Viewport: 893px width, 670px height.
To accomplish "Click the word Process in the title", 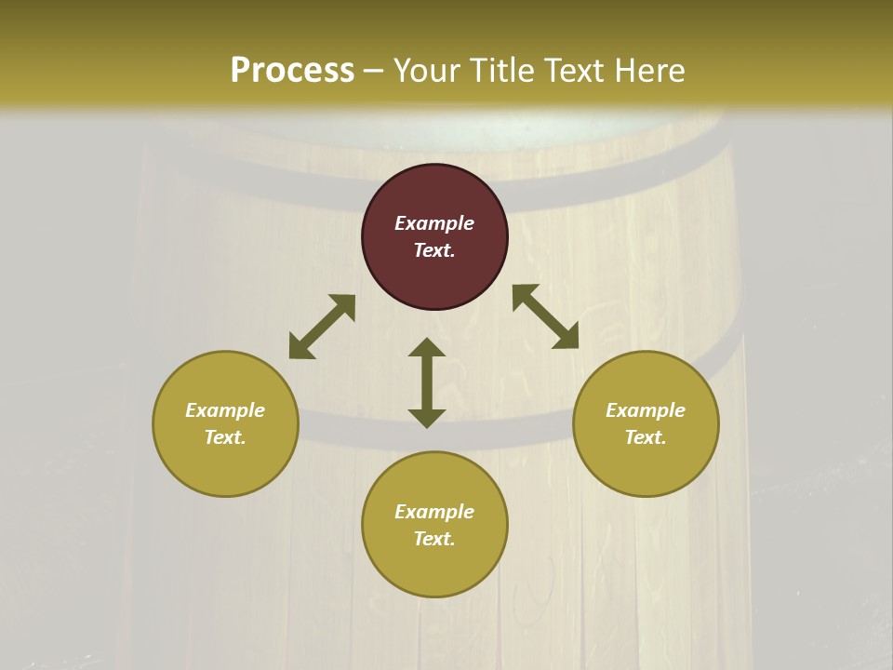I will pyautogui.click(x=292, y=71).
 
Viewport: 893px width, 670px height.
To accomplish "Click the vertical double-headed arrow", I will pyautogui.click(x=427, y=382).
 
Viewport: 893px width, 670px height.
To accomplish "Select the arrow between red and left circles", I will pyautogui.click(x=322, y=327).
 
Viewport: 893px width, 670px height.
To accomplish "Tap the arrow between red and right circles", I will pyautogui.click(x=545, y=316).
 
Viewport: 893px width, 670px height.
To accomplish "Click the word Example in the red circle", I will pyautogui.click(x=434, y=223).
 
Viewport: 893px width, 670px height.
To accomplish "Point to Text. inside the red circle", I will pyautogui.click(x=434, y=250).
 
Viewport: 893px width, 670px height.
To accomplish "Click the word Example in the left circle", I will pyautogui.click(x=225, y=410).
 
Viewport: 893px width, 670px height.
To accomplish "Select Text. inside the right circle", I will pyautogui.click(x=646, y=437).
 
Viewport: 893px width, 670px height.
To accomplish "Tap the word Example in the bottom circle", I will pyautogui.click(x=434, y=512).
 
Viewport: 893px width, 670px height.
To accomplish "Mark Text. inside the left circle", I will pyautogui.click(x=225, y=437).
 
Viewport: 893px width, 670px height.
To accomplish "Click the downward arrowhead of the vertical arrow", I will pyautogui.click(x=427, y=418).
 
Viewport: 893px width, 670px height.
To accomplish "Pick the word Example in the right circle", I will pyautogui.click(x=646, y=410).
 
